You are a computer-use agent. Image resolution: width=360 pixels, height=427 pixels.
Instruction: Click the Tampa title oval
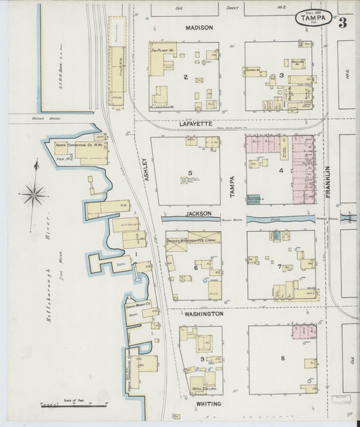click(x=313, y=19)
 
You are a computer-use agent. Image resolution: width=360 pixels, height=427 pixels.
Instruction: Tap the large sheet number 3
click(x=343, y=22)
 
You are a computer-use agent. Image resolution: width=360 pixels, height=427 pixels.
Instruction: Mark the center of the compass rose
click(x=33, y=195)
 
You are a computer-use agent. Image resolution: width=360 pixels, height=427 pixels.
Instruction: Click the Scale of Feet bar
click(x=74, y=405)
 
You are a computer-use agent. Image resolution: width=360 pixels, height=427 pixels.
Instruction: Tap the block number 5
click(x=190, y=172)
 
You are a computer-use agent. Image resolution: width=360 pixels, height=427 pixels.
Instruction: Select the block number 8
click(x=282, y=357)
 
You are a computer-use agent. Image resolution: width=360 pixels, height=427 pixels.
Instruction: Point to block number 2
click(x=185, y=77)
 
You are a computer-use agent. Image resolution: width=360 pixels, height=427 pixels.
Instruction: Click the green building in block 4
click(x=254, y=199)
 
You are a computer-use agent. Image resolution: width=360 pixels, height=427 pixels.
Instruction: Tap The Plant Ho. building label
click(x=163, y=51)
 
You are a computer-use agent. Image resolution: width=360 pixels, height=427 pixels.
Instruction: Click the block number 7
click(x=279, y=267)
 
